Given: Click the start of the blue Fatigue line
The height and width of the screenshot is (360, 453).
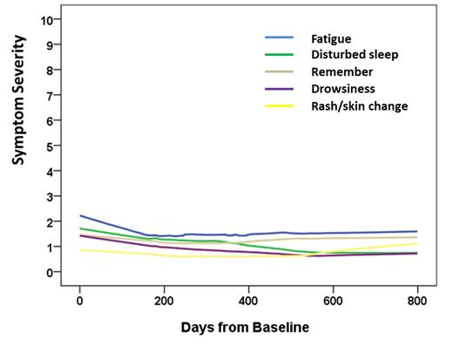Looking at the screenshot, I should point(80,215).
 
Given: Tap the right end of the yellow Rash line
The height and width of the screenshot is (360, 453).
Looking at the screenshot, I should point(417,243).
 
